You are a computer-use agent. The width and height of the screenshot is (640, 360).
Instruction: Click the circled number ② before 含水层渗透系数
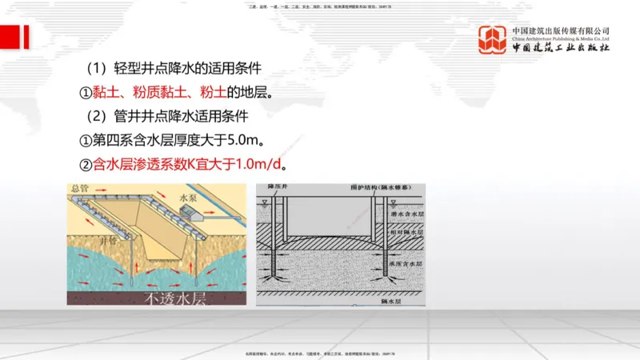86,166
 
